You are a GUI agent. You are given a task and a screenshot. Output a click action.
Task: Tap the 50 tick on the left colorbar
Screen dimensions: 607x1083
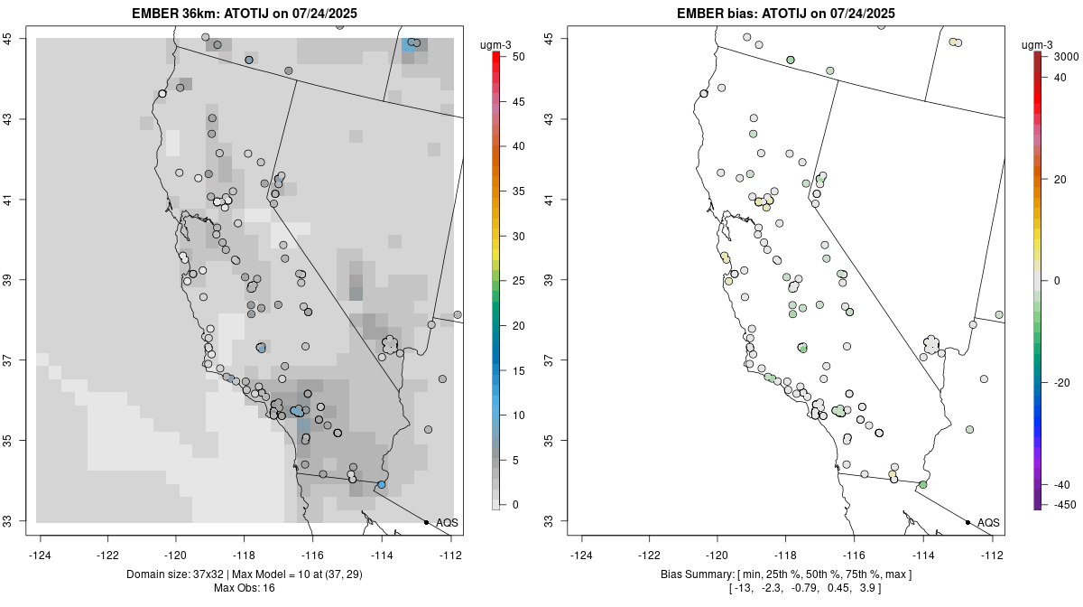pyautogui.click(x=511, y=57)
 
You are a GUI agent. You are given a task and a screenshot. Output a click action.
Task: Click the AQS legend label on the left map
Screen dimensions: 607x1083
pyautogui.click(x=447, y=522)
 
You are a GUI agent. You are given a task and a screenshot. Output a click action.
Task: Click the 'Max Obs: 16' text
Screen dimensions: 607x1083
pyautogui.click(x=244, y=588)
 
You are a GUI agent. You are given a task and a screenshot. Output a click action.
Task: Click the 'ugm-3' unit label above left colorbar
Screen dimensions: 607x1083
pyautogui.click(x=497, y=44)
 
